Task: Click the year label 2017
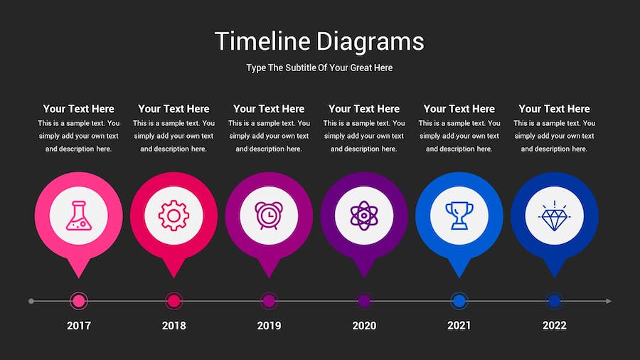tap(79, 326)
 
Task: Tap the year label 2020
tap(364, 326)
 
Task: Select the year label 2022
tap(555, 326)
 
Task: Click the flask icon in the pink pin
tap(78, 215)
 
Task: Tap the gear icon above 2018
tap(174, 215)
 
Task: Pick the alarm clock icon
tap(269, 215)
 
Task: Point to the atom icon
tap(364, 215)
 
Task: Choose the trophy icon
tap(459, 215)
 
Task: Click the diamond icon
tap(555, 215)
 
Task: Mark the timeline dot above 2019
tap(269, 301)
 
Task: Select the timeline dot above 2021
tap(459, 301)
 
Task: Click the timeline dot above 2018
tap(174, 301)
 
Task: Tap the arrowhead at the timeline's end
tap(608, 301)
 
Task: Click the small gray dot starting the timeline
tap(31, 301)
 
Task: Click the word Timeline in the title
tap(263, 41)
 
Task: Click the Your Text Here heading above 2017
tap(78, 109)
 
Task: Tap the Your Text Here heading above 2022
tap(555, 109)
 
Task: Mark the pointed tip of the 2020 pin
tap(364, 275)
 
